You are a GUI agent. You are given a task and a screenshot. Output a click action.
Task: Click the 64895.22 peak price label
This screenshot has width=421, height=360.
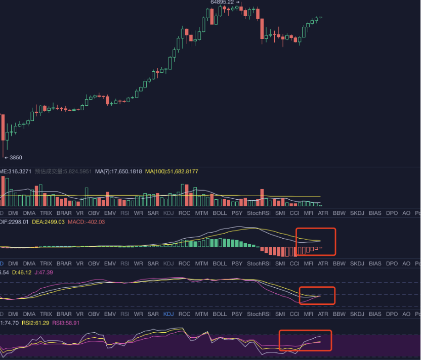click(x=223, y=3)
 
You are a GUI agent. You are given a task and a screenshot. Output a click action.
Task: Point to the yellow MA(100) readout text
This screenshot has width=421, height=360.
click(x=172, y=171)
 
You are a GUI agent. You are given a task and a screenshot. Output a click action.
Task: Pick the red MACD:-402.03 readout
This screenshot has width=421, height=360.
click(x=87, y=222)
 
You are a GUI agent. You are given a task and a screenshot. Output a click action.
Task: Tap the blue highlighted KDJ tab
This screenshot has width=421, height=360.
click(x=169, y=314)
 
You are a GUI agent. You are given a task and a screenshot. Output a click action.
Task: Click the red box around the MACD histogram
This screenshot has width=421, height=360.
click(x=316, y=242)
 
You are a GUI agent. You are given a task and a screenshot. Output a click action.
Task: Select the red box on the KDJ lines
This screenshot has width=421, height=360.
click(x=317, y=295)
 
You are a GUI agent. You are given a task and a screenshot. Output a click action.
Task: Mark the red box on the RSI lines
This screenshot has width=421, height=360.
click(x=305, y=340)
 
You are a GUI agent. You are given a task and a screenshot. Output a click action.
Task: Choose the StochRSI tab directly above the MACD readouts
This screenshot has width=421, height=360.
click(x=258, y=213)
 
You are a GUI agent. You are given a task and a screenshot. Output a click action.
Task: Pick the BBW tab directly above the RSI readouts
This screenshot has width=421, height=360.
click(x=339, y=314)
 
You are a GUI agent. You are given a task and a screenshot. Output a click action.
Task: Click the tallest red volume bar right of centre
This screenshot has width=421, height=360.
click(x=262, y=197)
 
